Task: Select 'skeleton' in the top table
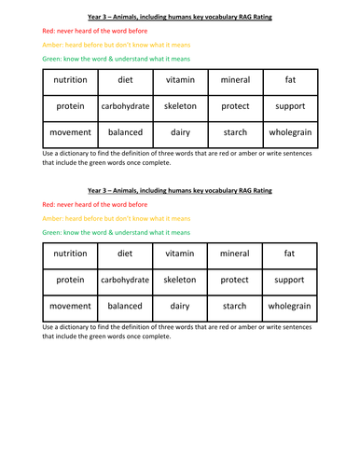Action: [x=180, y=106]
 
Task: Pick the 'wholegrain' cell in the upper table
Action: [x=290, y=132]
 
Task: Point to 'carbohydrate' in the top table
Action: [x=125, y=106]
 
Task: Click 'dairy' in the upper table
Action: [x=180, y=132]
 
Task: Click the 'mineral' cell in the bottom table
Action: [x=235, y=254]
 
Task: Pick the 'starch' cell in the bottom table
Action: [x=235, y=306]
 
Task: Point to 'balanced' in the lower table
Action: [x=125, y=306]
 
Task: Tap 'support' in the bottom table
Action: [x=290, y=280]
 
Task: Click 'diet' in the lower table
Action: [x=125, y=254]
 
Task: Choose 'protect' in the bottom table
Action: [x=235, y=280]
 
